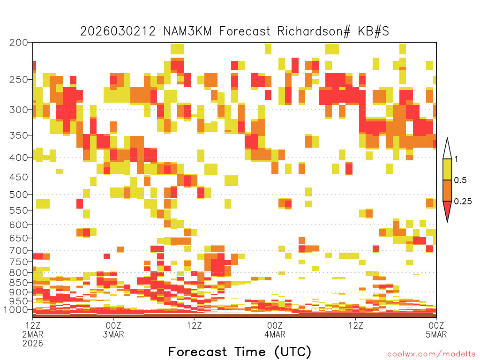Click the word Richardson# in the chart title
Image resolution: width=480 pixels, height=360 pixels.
coord(314,31)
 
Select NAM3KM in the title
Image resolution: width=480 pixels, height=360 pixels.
coord(187,31)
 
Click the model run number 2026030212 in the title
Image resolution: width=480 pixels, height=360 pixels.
coord(118,31)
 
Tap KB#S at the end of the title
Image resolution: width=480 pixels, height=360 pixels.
coord(374,31)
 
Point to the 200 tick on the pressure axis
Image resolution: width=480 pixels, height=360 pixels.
coord(19,43)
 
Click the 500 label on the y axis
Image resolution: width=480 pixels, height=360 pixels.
coord(19,195)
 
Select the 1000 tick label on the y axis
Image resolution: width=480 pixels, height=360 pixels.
coord(16,310)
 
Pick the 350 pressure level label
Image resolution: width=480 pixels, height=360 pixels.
coord(19,135)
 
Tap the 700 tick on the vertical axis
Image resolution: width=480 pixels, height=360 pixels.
coord(19,250)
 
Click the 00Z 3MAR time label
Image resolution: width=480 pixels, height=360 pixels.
coord(113,330)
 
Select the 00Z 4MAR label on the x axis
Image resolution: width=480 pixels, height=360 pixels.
coord(275,330)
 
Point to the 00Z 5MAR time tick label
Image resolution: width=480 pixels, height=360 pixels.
coord(436,330)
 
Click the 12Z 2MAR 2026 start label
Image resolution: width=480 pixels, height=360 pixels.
coord(33,334)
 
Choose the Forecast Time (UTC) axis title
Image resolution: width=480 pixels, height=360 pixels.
coord(240,352)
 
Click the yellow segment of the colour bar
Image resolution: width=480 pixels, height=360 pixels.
coord(447,169)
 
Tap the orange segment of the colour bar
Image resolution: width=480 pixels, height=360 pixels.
coord(447,190)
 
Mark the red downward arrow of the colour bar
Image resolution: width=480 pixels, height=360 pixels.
coord(447,210)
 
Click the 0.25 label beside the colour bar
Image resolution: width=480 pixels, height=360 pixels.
coord(463,202)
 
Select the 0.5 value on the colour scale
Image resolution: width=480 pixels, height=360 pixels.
coord(460,180)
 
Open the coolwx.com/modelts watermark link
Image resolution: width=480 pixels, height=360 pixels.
coord(432,354)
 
